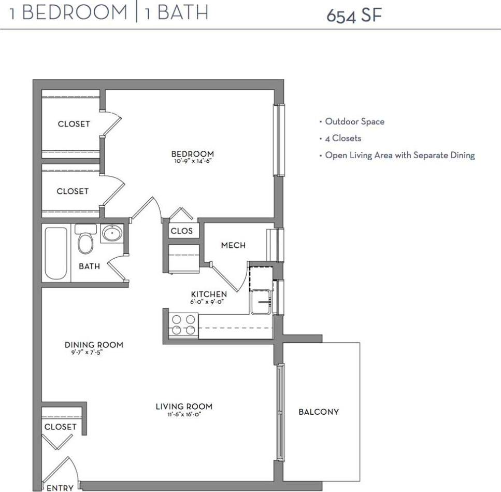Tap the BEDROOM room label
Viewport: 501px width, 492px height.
pyautogui.click(x=192, y=154)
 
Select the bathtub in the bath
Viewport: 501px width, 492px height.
pyautogui.click(x=56, y=253)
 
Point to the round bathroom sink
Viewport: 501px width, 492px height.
pyautogui.click(x=112, y=234)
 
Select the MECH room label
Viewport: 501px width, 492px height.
pyautogui.click(x=233, y=245)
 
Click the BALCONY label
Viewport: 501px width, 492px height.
pyautogui.click(x=319, y=412)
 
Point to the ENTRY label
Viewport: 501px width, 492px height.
pyautogui.click(x=60, y=488)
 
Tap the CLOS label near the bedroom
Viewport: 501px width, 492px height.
pyautogui.click(x=181, y=231)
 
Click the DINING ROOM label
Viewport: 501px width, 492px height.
pyautogui.click(x=94, y=345)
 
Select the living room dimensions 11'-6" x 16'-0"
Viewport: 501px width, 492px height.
pyautogui.click(x=184, y=414)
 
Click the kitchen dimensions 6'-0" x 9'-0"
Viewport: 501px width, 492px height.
pyautogui.click(x=209, y=301)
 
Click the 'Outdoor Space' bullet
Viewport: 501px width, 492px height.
pyautogui.click(x=354, y=121)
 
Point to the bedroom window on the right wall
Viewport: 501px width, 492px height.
pyautogui.click(x=279, y=140)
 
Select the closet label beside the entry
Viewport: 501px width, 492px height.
pyautogui.click(x=60, y=427)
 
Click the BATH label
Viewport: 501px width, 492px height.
pyautogui.click(x=89, y=266)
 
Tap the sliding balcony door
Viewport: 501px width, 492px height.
pyautogui.click(x=280, y=412)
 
